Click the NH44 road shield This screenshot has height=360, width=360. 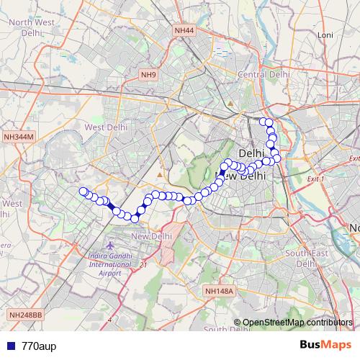click(x=184, y=30)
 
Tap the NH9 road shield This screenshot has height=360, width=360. click(x=148, y=75)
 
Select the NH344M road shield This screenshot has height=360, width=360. click(x=19, y=136)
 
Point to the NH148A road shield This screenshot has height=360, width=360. click(x=219, y=291)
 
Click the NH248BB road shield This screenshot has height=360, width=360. click(x=27, y=315)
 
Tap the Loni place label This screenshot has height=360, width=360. click(x=325, y=35)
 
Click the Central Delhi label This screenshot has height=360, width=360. click(x=264, y=74)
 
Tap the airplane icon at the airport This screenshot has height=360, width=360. click(x=109, y=247)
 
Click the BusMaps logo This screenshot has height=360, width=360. click(x=327, y=346)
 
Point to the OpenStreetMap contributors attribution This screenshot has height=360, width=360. click(x=297, y=323)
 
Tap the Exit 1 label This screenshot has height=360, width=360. click(x=315, y=178)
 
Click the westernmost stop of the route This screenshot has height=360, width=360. click(x=83, y=192)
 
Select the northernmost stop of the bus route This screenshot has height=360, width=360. click(x=264, y=122)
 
